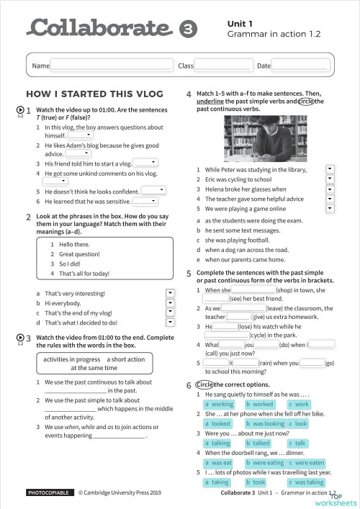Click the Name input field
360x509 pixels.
[x=112, y=66]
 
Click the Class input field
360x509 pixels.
[x=223, y=66]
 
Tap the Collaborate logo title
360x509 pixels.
[x=101, y=28]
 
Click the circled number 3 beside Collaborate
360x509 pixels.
[x=186, y=30]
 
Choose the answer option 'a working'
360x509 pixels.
[x=217, y=405]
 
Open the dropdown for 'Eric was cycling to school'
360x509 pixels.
[x=330, y=179]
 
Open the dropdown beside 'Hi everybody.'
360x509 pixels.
[x=171, y=303]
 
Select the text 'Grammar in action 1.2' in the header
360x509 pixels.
[x=274, y=34]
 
